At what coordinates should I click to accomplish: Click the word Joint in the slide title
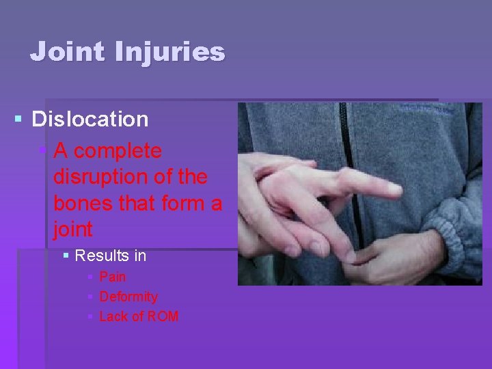[x=65, y=52]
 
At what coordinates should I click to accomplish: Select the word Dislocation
[x=90, y=120]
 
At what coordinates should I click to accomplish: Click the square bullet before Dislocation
[x=18, y=120]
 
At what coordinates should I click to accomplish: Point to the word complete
[x=118, y=150]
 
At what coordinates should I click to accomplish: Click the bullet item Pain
[x=113, y=277]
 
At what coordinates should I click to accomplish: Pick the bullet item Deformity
[x=128, y=297]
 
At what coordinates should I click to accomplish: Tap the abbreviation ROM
[x=164, y=316]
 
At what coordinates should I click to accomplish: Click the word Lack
[x=115, y=316]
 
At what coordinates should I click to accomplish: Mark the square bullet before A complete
[x=44, y=150]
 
